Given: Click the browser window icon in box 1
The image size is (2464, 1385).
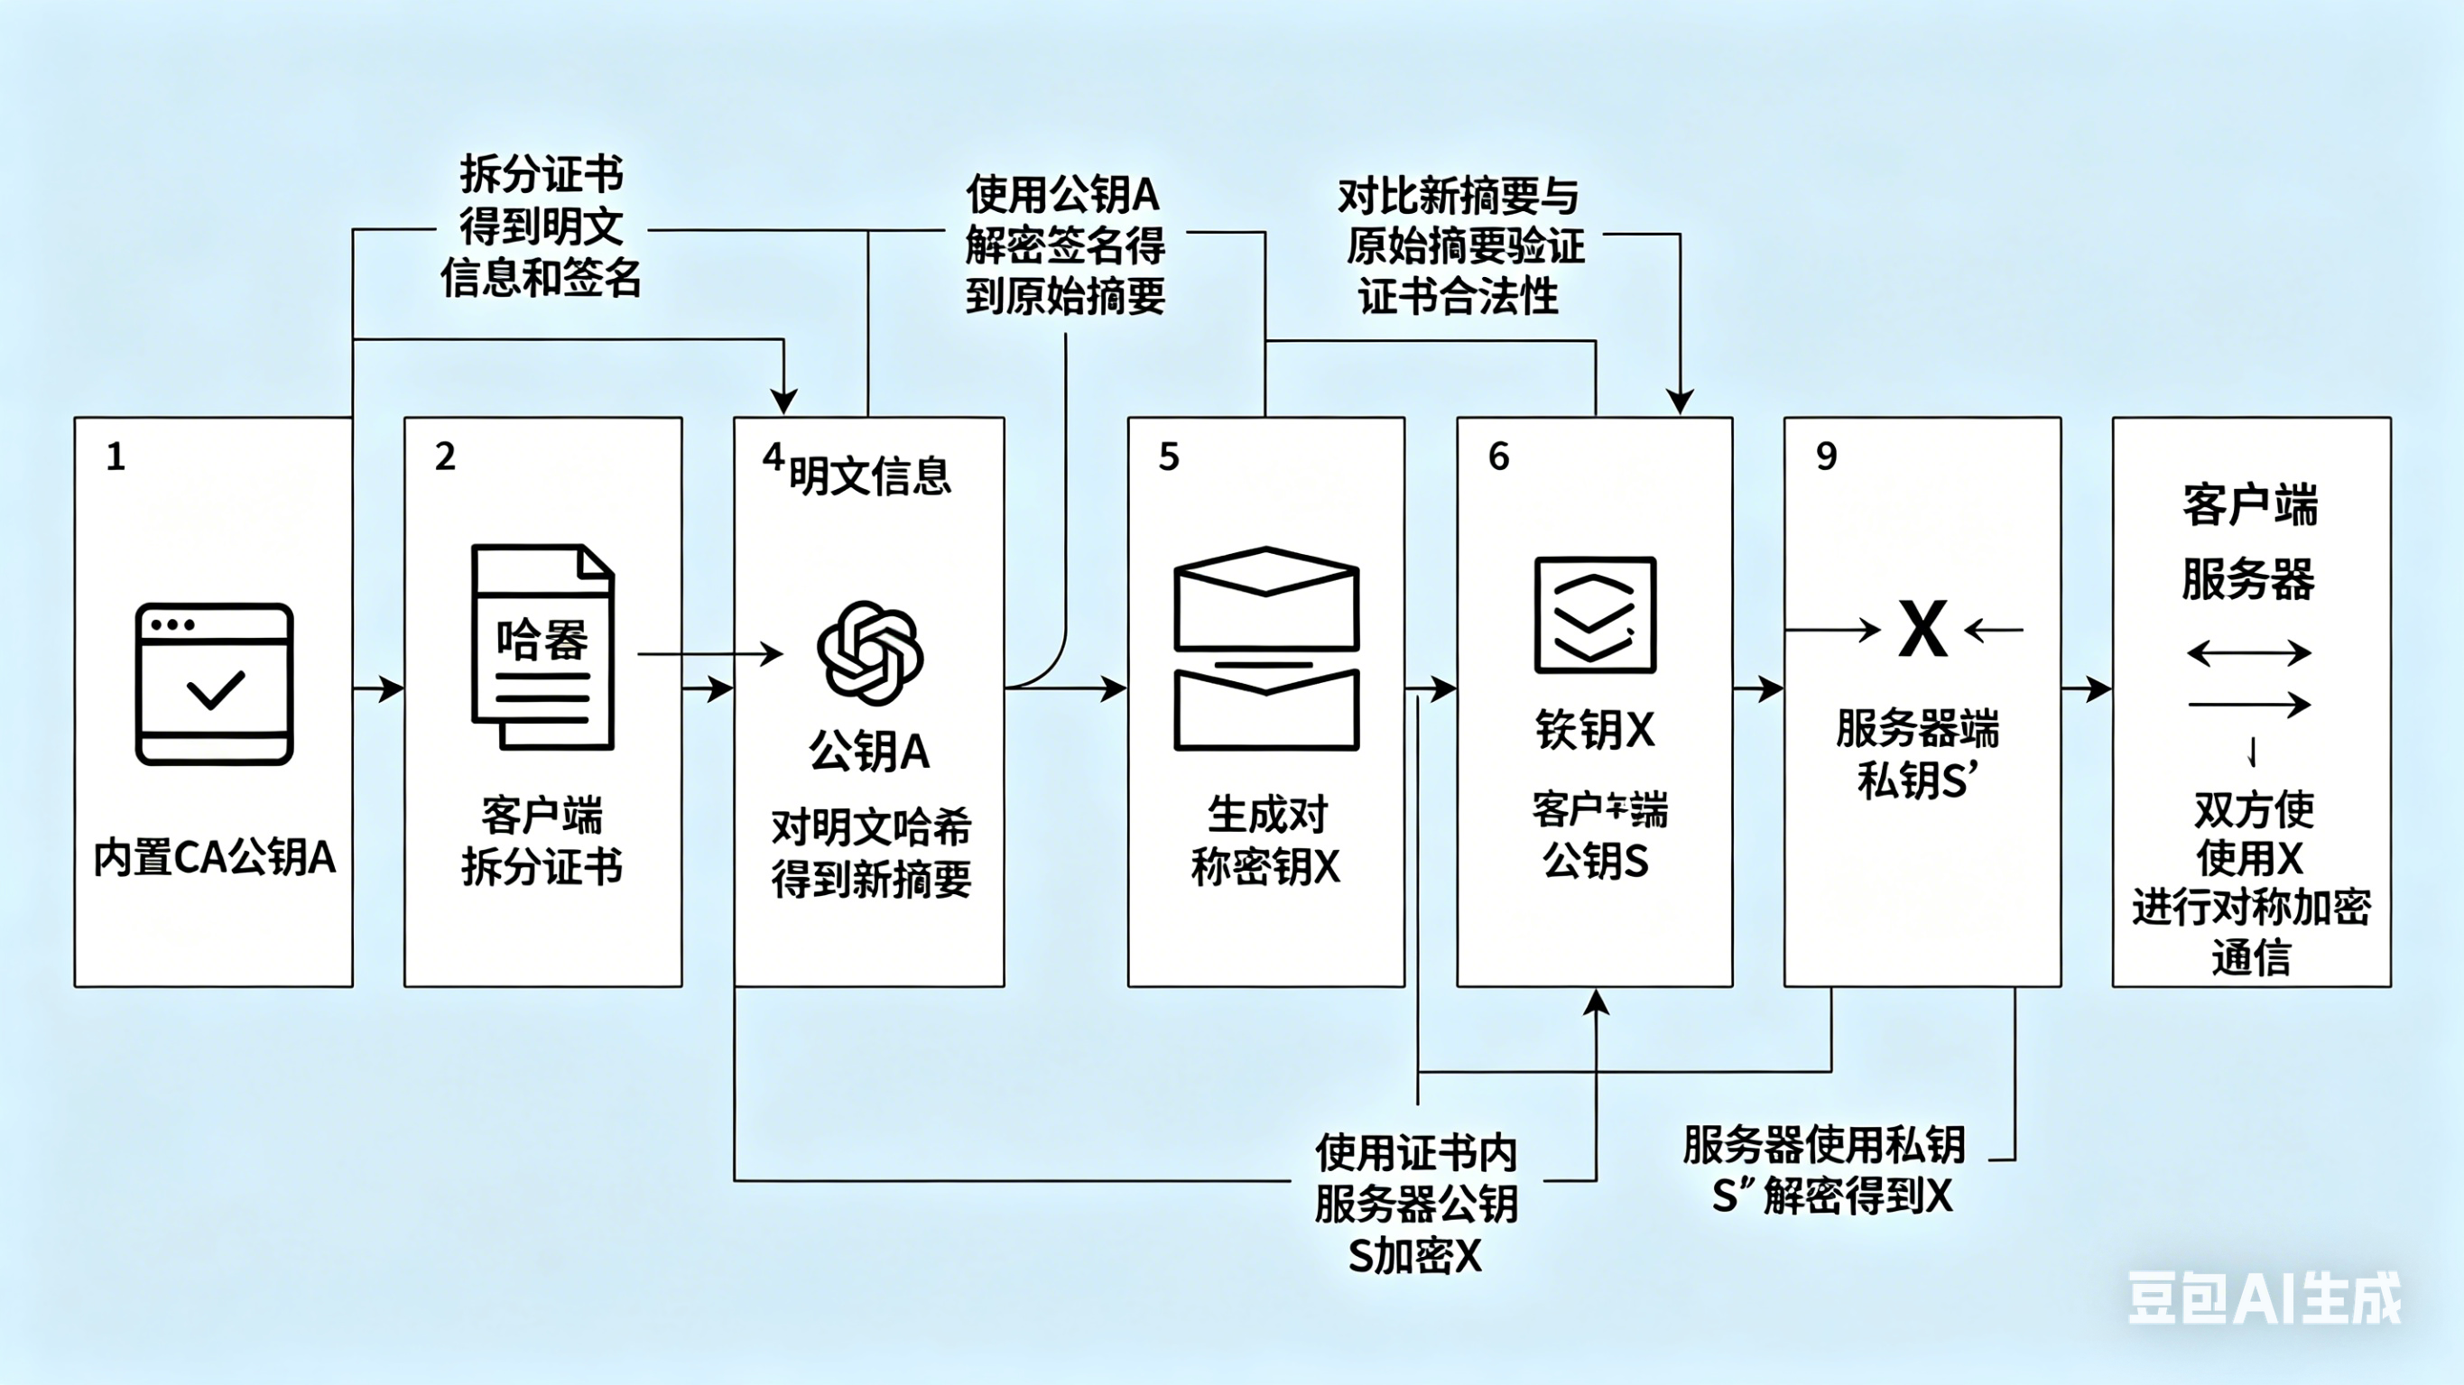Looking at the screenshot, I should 214,683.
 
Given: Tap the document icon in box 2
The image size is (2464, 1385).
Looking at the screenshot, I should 542,648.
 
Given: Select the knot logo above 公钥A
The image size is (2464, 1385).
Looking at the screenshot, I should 869,653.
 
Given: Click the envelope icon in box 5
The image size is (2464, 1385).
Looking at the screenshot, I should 1265,649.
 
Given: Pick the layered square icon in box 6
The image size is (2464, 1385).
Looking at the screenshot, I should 1595,615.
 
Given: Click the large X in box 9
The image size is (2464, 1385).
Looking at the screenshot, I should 1922,630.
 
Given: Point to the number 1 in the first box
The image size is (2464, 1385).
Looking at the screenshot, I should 116,457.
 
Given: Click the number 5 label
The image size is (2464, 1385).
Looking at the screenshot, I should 1168,457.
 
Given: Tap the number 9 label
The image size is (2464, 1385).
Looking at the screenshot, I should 1826,457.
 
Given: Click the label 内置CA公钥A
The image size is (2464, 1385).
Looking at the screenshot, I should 214,857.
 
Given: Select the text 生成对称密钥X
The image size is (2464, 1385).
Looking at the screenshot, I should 1265,841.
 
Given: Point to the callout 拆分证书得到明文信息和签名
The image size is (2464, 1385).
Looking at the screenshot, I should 542,226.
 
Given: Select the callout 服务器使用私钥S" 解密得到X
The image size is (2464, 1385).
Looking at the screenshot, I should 1825,1168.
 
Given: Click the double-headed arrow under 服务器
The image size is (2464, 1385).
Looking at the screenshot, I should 2249,654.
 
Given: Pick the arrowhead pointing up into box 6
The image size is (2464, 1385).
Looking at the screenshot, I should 1596,1002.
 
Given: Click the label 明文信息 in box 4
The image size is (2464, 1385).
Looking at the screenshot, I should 869,476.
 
